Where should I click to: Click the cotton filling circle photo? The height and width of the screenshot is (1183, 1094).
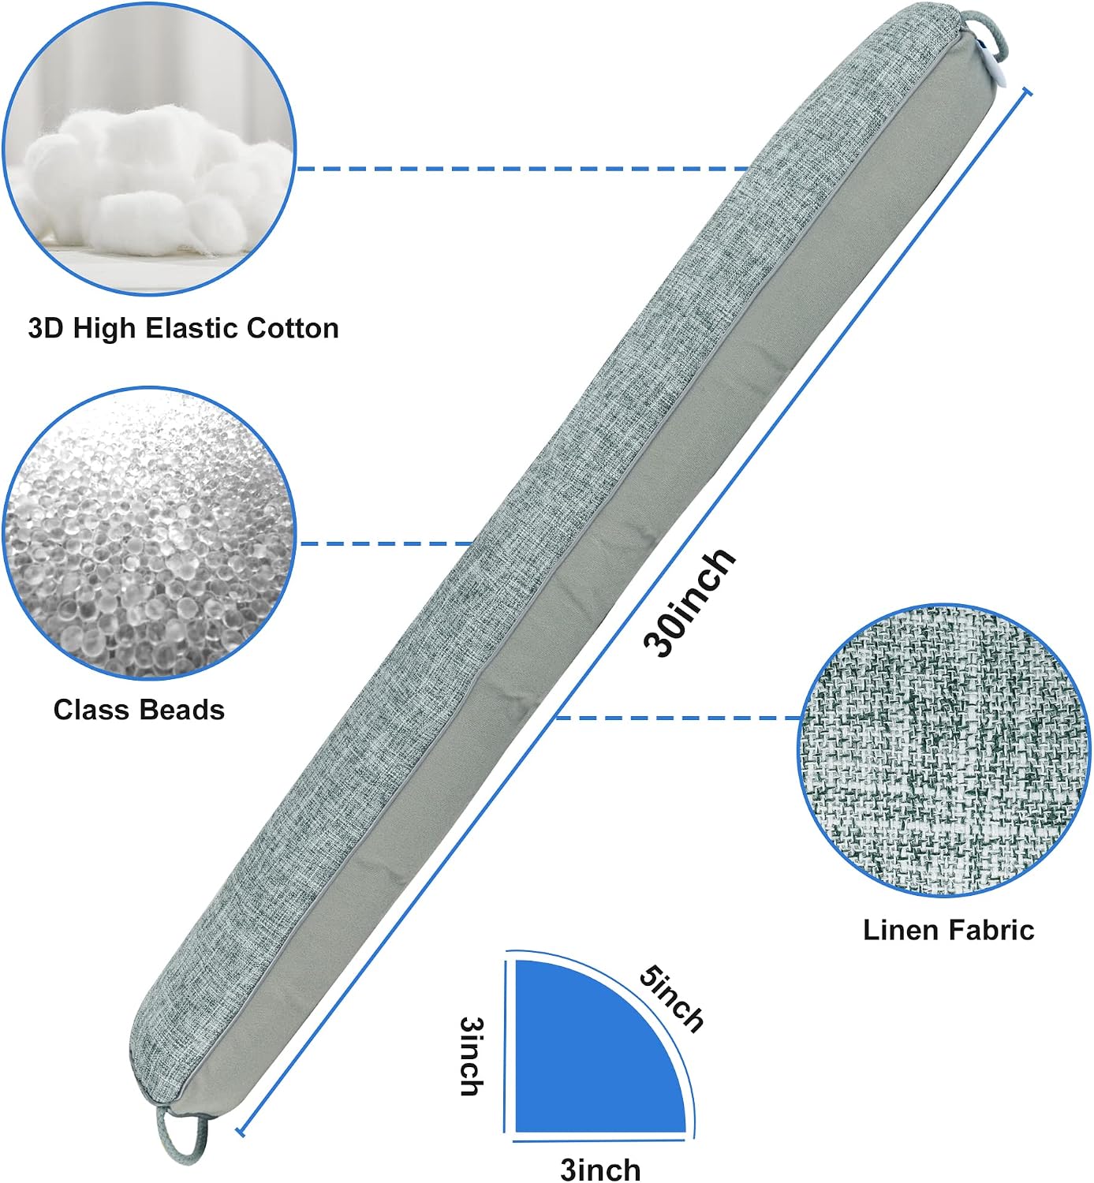tap(149, 149)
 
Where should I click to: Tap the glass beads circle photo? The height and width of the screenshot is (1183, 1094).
tap(149, 533)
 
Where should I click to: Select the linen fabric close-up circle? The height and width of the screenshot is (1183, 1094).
tap(944, 751)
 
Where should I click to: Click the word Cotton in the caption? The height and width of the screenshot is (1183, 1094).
tap(292, 328)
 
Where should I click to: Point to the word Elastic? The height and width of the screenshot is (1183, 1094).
tap(191, 328)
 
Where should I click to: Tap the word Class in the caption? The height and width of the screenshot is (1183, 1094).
tap(92, 710)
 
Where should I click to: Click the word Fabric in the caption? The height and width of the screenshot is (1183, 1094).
tap(991, 930)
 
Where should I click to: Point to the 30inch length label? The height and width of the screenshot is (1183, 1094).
tap(689, 603)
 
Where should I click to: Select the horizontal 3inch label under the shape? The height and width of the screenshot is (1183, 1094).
tap(600, 1168)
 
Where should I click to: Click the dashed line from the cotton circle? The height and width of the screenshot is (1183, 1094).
tap(523, 169)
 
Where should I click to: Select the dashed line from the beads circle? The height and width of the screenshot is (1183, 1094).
tap(387, 543)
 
